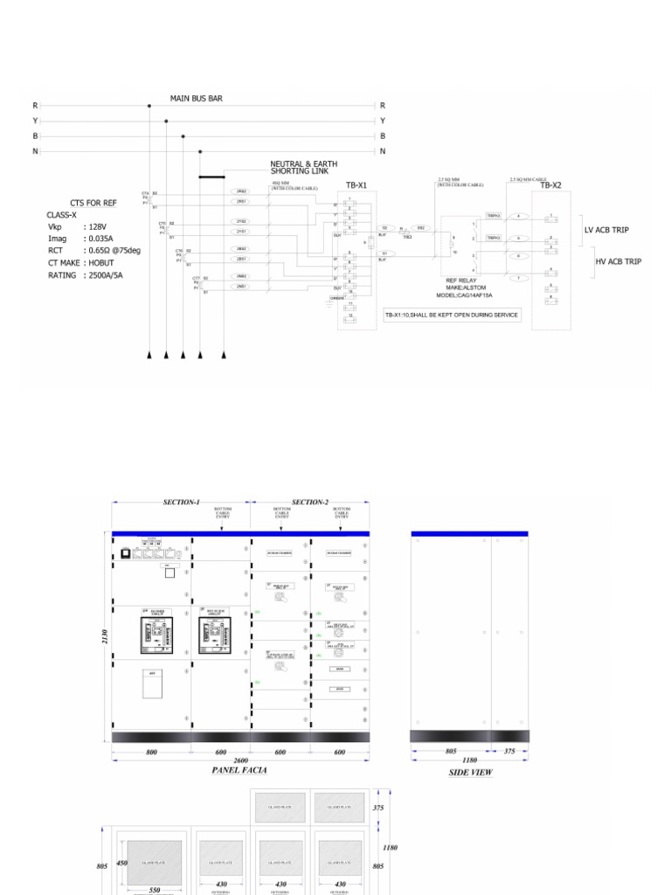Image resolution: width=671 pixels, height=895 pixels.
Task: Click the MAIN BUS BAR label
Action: click(196, 99)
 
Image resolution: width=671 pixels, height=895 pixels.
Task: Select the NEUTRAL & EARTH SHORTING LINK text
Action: click(303, 168)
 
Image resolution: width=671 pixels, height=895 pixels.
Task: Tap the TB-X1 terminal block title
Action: click(356, 185)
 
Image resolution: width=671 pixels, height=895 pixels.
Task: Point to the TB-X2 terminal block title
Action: click(550, 185)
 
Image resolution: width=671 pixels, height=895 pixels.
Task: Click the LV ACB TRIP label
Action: click(606, 230)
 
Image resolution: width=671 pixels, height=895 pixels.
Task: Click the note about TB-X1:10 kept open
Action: click(452, 315)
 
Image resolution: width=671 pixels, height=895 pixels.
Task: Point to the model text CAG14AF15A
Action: click(471, 295)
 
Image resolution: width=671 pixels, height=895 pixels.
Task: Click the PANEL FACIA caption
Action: click(239, 770)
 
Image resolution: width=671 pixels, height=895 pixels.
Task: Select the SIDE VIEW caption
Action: click(471, 773)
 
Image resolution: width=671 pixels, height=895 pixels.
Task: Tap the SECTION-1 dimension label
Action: click(181, 503)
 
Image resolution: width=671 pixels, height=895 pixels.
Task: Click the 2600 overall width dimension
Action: click(240, 760)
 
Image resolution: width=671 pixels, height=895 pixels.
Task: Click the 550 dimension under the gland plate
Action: click(155, 889)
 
